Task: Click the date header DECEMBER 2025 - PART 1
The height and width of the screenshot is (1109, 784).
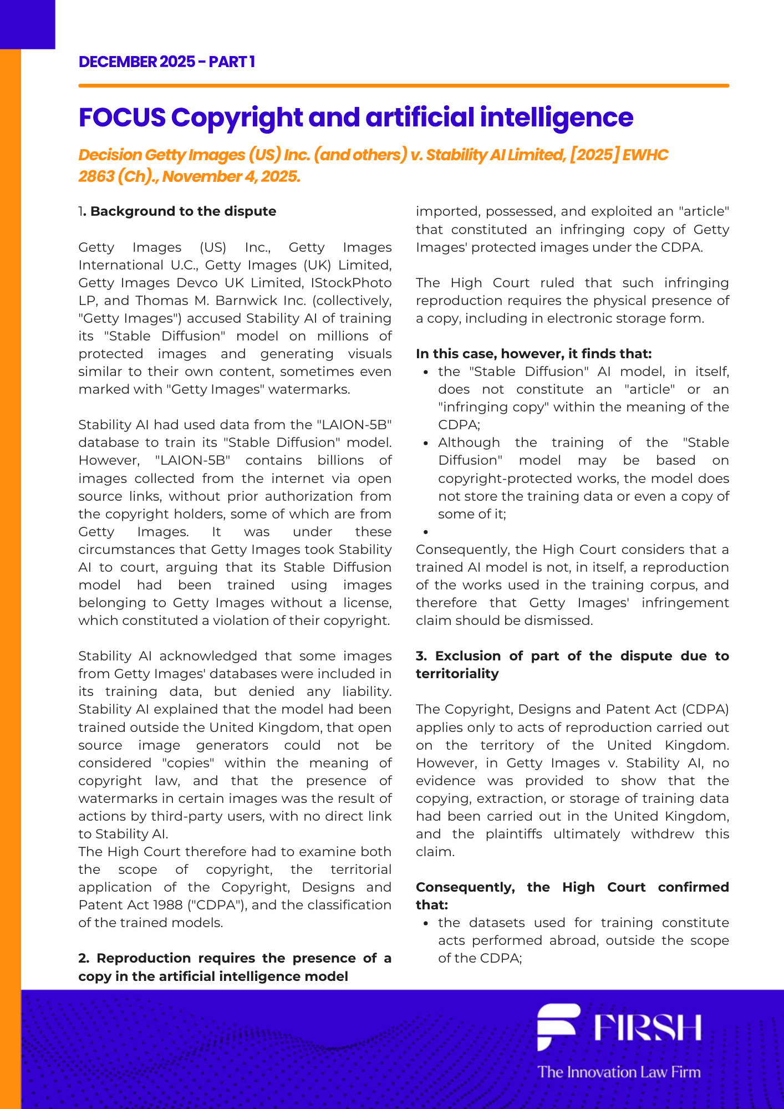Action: tap(166, 62)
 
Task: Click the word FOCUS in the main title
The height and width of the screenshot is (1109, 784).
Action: tap(122, 118)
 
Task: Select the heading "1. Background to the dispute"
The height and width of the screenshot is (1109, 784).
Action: tap(177, 211)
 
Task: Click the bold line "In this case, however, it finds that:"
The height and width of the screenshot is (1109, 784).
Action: tap(533, 354)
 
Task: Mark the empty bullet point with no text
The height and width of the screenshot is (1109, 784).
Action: tap(426, 532)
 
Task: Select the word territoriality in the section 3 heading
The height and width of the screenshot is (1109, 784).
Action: tap(457, 674)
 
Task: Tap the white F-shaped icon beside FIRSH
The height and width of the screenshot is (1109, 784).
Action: tap(558, 1026)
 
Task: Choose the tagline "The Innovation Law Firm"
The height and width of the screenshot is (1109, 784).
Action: tap(619, 1072)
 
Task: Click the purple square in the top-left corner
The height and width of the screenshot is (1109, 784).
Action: tap(27, 24)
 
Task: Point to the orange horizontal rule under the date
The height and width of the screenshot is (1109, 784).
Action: tap(403, 86)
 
